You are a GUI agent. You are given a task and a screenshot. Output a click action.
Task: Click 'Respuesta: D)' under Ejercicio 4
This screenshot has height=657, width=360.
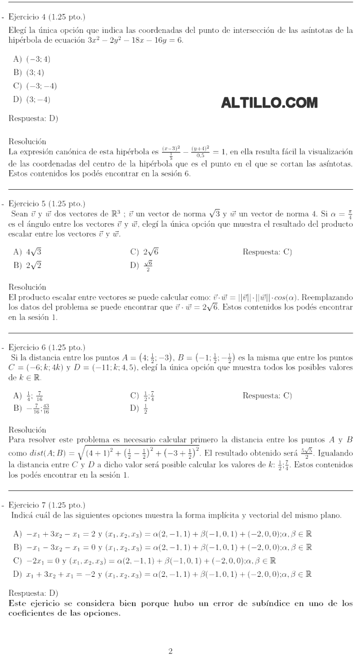click(33, 119)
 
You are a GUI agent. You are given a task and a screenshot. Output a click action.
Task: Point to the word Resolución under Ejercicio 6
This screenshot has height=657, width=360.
click(27, 430)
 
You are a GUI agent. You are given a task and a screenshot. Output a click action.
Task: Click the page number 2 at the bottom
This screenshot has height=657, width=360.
click(171, 651)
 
